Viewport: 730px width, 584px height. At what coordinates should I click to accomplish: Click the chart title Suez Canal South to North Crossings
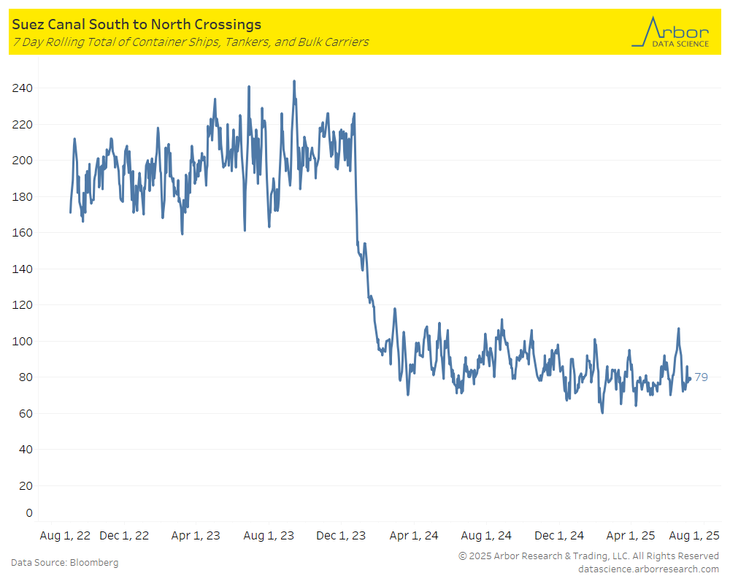137,26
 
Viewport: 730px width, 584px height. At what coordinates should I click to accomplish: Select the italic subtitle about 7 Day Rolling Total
190,42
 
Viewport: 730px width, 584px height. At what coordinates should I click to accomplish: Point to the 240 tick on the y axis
23,88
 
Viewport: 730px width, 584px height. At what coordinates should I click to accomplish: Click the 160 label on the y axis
23,233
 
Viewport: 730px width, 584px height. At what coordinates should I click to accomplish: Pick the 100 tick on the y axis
23,341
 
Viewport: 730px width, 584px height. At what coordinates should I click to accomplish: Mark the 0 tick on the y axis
28,512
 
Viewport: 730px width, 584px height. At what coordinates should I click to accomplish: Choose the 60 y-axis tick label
26,413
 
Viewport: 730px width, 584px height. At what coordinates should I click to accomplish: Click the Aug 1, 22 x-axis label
64,536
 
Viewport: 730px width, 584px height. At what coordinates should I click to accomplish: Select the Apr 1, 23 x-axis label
196,536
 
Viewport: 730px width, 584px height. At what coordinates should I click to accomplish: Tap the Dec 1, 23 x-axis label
342,536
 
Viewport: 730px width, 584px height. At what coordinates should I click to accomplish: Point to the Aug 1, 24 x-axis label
486,536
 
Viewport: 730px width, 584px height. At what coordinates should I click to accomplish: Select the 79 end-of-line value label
701,377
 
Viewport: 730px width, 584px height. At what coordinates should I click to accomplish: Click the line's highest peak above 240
294,81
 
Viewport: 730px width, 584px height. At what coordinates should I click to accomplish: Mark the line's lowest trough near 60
602,412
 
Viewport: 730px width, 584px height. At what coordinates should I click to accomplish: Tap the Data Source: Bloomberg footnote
64,563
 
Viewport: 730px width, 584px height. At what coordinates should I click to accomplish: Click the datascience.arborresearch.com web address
648,569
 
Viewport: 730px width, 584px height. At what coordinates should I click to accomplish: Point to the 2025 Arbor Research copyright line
588,556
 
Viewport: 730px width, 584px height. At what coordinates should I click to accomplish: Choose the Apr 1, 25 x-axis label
631,536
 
